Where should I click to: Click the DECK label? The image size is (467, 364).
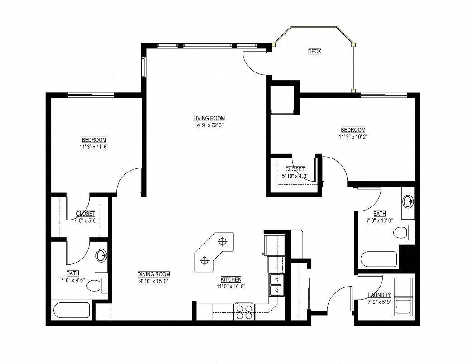(315, 52)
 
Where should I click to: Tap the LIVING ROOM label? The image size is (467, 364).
(209, 118)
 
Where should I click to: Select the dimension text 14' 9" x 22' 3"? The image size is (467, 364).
(209, 125)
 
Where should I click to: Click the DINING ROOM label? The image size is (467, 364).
(154, 274)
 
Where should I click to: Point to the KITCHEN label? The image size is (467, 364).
(231, 279)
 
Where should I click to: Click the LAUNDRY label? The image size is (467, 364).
(379, 295)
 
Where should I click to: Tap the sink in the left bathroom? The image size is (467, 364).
(101, 256)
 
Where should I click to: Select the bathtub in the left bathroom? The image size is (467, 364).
(71, 311)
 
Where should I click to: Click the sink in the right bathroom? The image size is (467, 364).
(408, 201)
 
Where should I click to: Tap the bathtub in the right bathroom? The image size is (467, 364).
(379, 259)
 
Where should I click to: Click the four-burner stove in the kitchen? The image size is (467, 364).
(244, 311)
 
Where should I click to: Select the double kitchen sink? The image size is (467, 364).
(276, 285)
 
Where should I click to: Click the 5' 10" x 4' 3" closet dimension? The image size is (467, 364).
(295, 176)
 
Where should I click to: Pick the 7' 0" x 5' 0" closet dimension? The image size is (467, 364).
(86, 221)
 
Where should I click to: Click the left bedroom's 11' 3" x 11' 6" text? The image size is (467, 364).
(94, 147)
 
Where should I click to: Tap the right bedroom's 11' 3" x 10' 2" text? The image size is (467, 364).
(353, 137)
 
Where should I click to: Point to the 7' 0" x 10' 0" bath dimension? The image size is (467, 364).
(380, 221)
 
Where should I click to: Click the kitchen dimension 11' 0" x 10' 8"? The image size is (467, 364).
(231, 287)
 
